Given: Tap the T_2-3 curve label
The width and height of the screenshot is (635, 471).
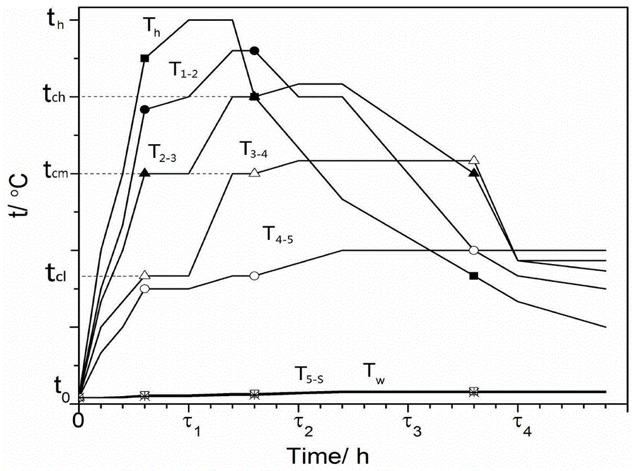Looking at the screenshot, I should click(163, 152).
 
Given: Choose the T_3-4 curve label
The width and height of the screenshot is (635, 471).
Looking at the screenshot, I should click(253, 149).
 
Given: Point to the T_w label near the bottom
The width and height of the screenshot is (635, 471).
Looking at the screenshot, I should click(375, 370).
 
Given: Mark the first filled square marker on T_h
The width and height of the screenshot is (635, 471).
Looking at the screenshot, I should click(144, 58).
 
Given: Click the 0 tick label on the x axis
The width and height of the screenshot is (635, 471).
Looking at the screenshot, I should click(79, 420).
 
